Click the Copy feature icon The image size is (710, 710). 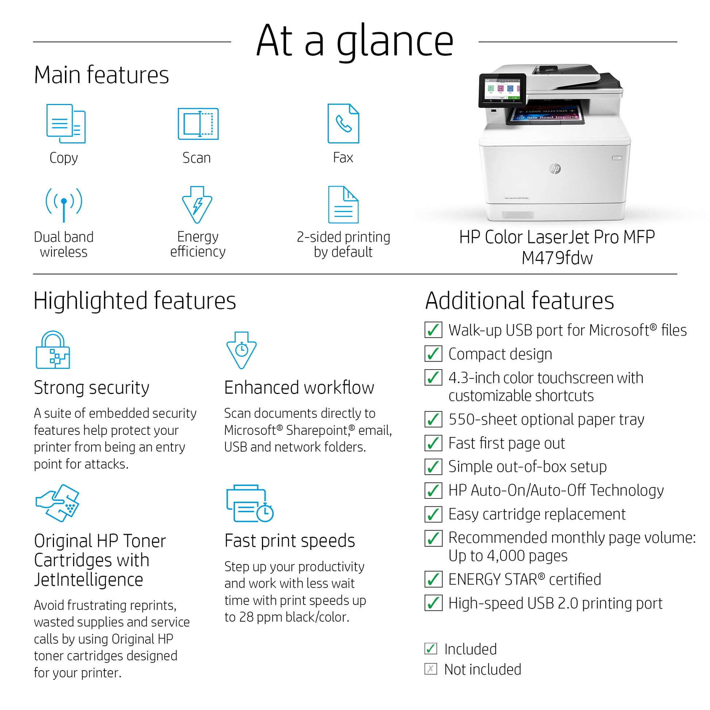tap(66, 123)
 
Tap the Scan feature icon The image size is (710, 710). tap(198, 123)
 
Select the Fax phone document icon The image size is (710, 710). tap(343, 123)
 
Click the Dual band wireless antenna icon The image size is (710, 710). tap(64, 204)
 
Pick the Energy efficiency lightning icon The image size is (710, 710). tap(197, 205)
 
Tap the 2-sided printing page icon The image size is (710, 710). tap(343, 205)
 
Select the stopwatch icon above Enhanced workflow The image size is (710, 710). tap(242, 350)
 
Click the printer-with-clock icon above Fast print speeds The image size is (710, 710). tap(250, 503)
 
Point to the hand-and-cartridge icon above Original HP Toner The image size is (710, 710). tap(57, 503)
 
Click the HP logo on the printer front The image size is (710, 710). tap(555, 169)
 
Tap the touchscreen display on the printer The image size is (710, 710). tap(502, 90)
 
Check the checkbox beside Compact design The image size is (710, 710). tap(433, 354)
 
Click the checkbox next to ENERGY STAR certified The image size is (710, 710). tap(433, 579)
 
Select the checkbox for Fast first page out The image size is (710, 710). tap(433, 443)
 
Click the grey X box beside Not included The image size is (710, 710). tap(431, 669)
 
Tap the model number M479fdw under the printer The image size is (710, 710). tap(557, 258)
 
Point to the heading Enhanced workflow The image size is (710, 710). tap(299, 388)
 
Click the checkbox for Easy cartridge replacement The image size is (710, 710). tap(433, 514)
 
